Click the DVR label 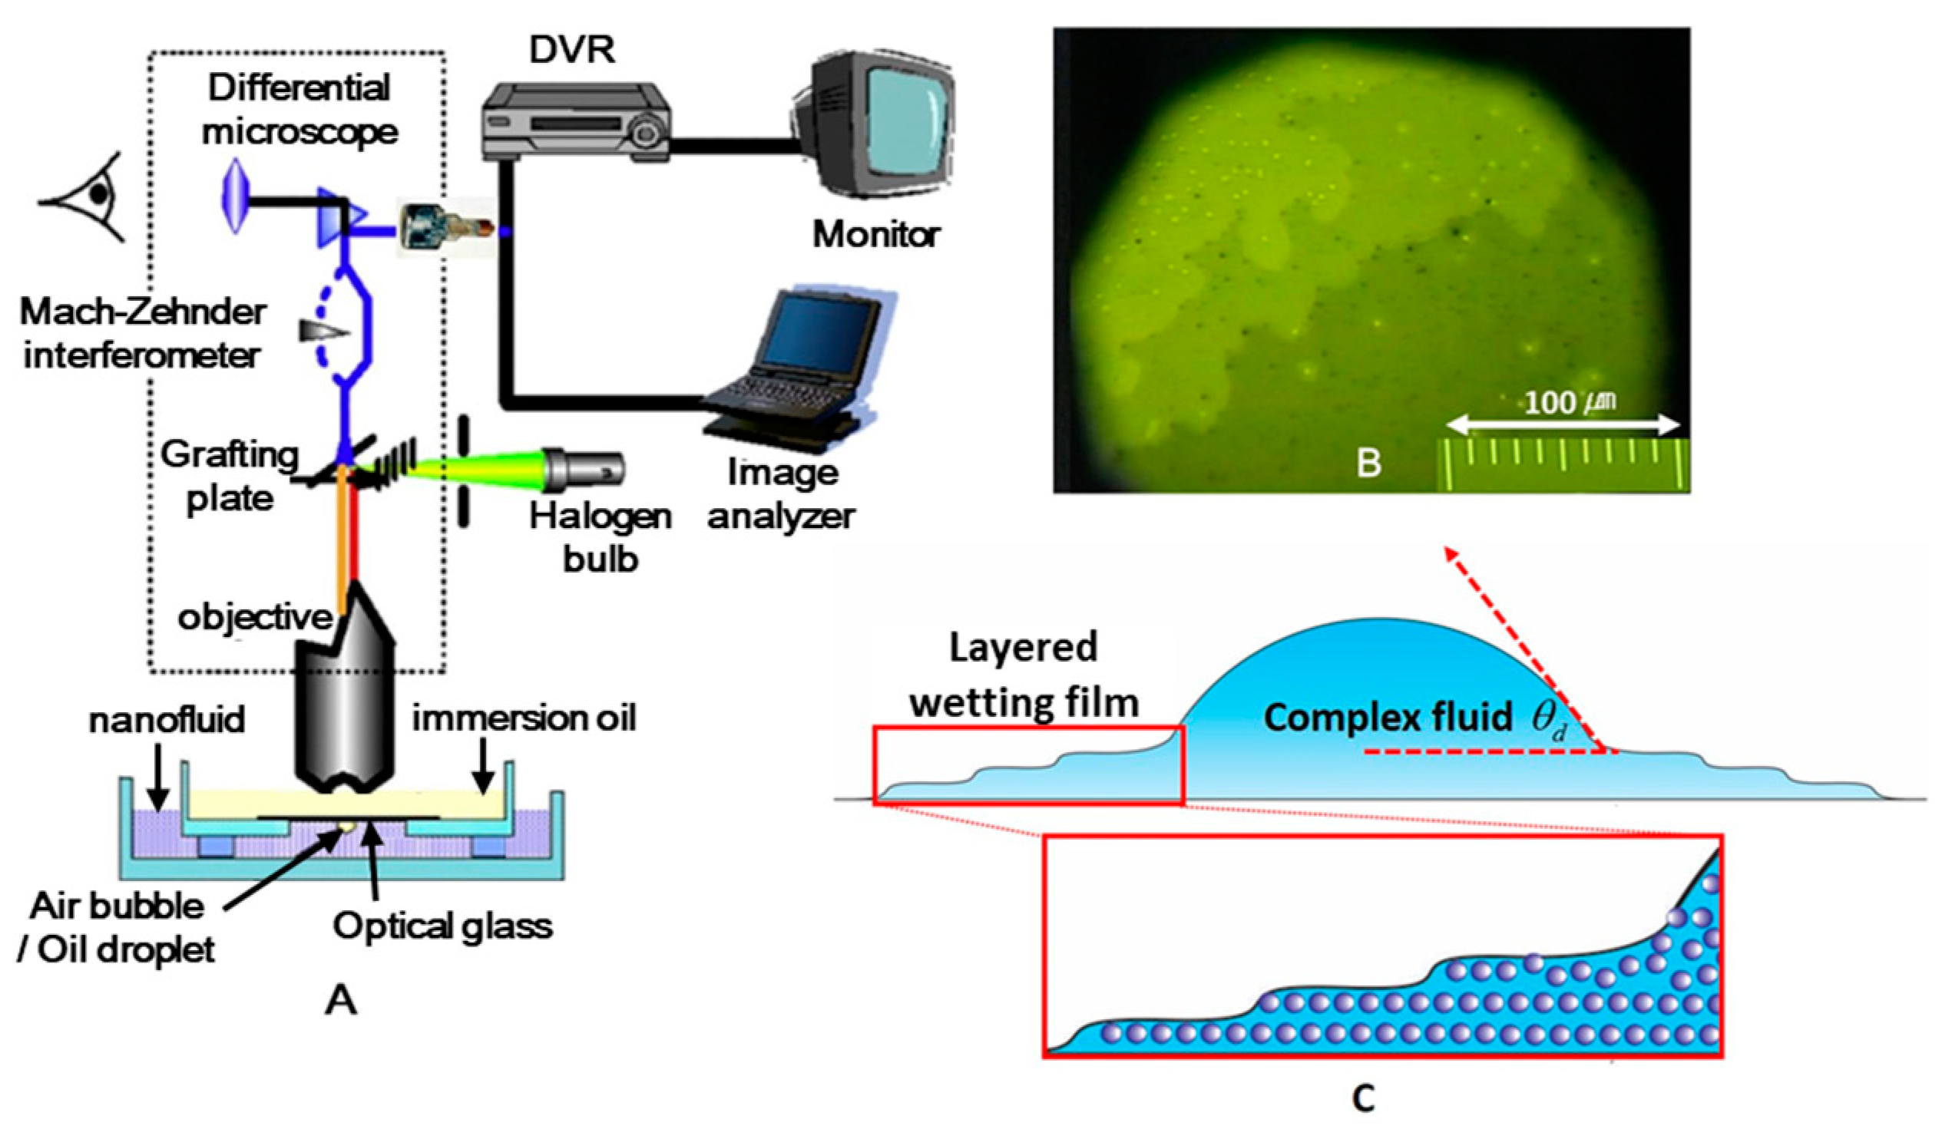point(571,50)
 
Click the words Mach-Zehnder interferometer point(143,334)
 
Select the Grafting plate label point(230,475)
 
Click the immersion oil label point(524,718)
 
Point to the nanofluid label point(167,719)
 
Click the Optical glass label point(442,926)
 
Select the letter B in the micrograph point(1368,462)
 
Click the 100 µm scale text point(1570,402)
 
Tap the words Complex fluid point(1388,717)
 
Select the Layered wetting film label point(1024,675)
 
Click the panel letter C point(1362,1097)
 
